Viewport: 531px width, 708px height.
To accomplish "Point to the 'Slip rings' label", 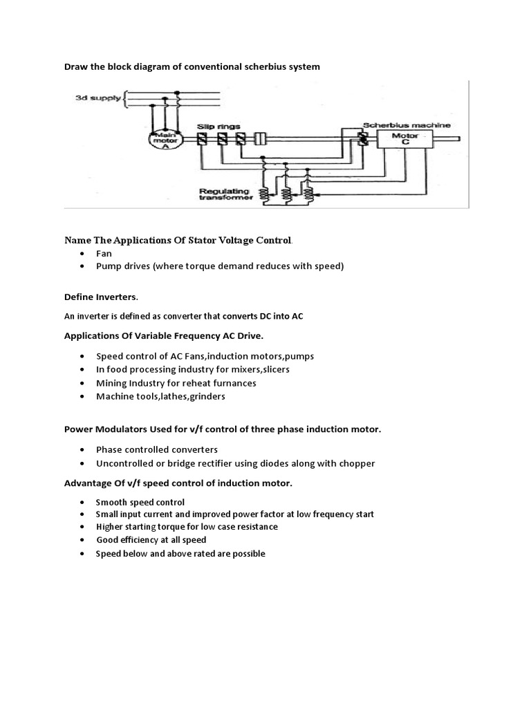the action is pos(218,127).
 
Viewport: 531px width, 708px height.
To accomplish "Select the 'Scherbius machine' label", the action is pos(407,125).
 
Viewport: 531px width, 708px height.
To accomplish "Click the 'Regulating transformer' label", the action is pos(226,194).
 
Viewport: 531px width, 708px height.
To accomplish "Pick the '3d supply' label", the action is pos(98,98).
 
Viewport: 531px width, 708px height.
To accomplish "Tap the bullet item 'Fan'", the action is pos(104,254).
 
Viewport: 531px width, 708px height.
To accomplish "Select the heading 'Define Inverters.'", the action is pos(101,297).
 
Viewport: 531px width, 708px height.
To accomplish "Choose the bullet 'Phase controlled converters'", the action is pos(157,449).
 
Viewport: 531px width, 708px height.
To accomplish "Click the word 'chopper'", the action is pos(357,464).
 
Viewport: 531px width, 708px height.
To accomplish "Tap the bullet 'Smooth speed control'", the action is pos(140,503).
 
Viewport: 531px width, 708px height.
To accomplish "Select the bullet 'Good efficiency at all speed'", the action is pos(151,540).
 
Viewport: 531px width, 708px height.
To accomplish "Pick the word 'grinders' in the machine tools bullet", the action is pos(207,397).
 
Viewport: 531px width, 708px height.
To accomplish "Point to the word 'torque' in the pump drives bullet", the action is pos(200,266).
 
